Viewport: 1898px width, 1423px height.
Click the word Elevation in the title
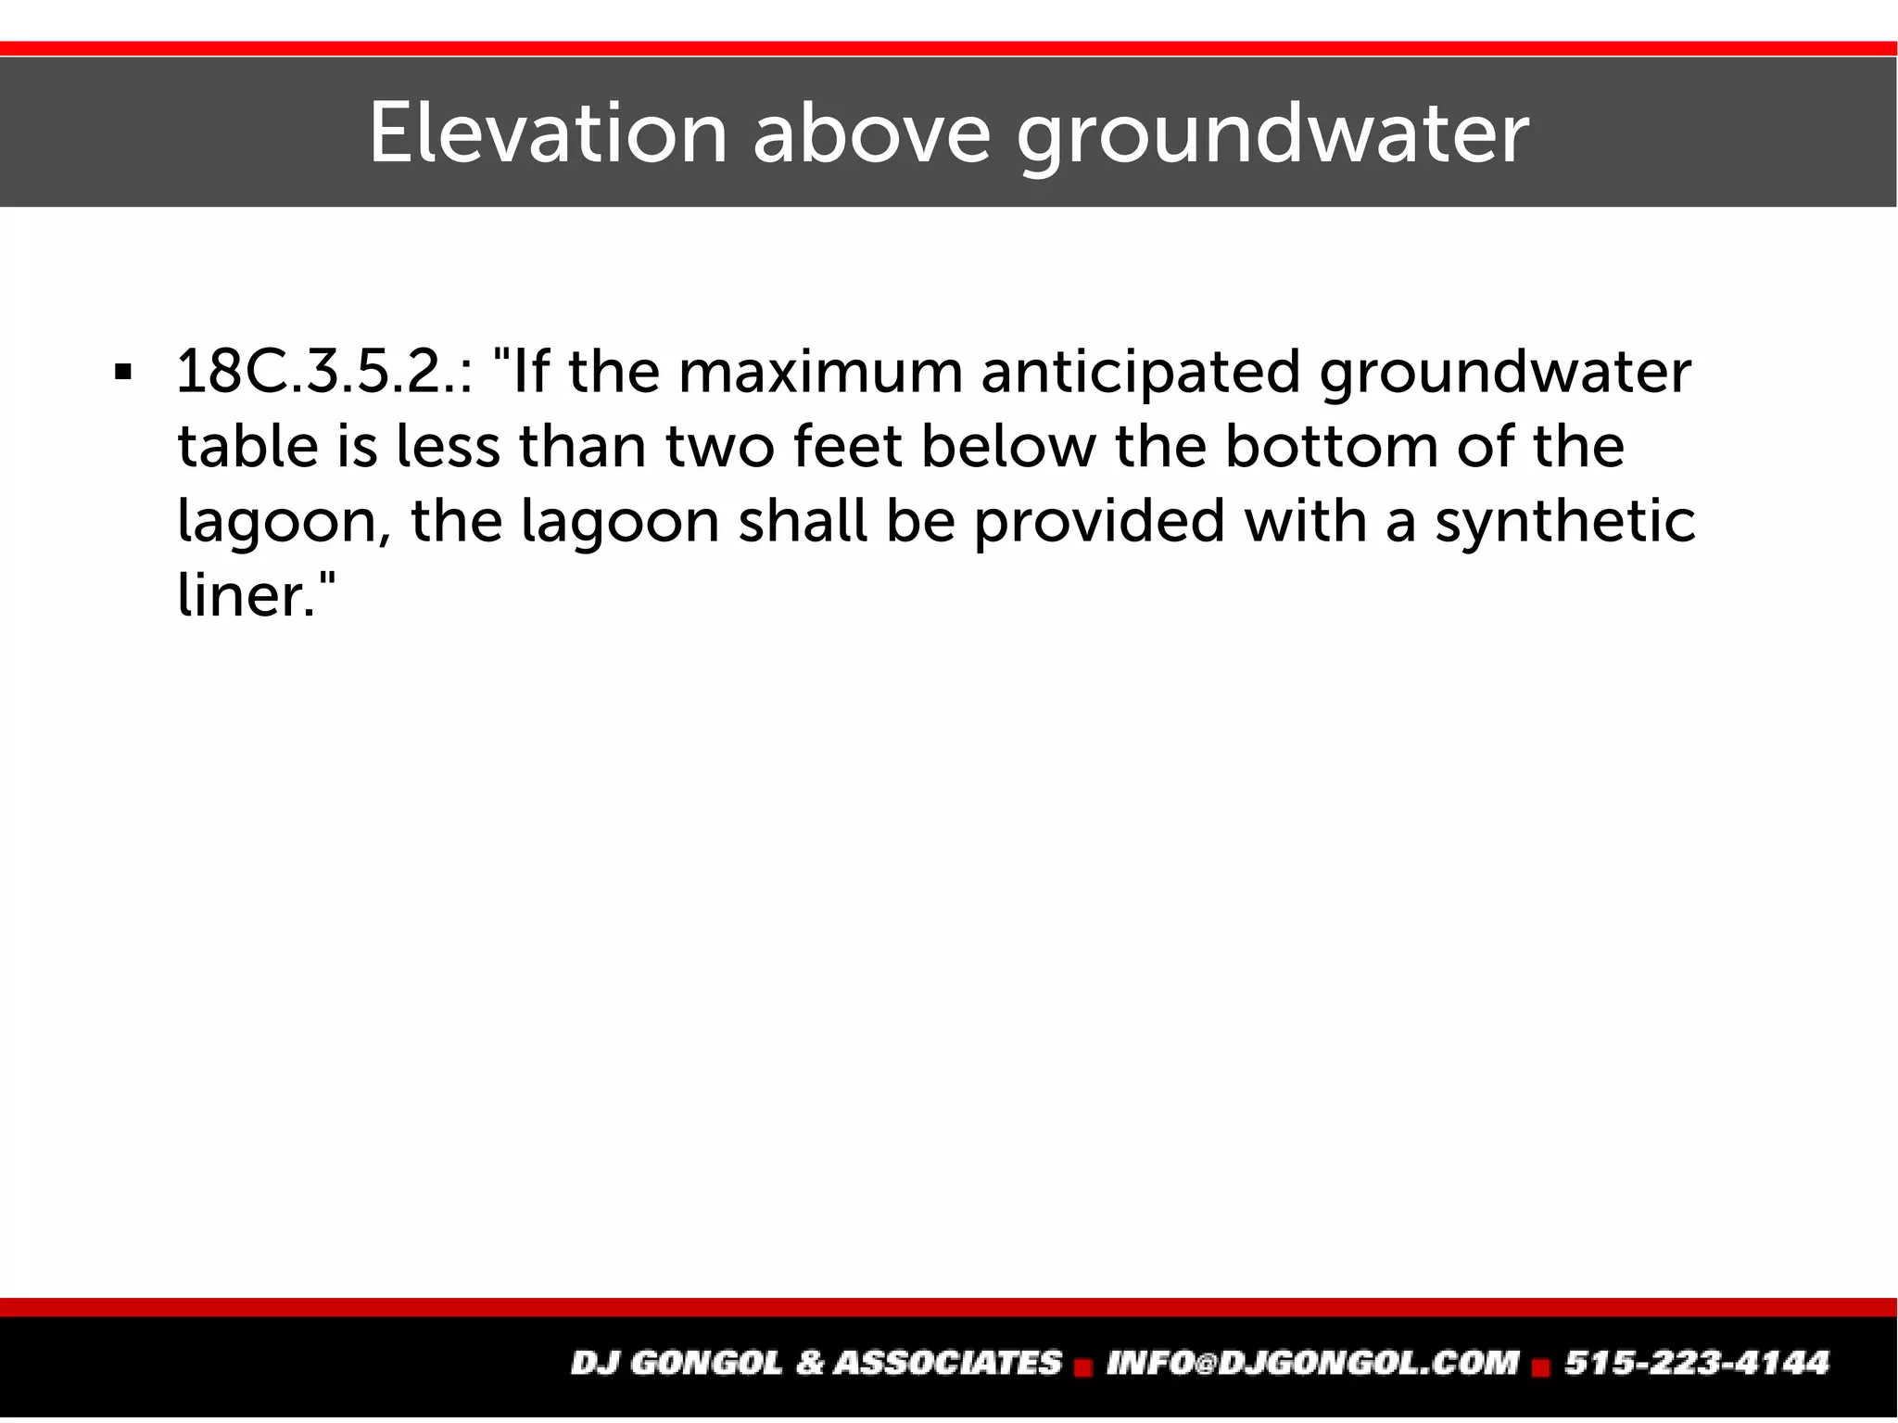click(x=548, y=133)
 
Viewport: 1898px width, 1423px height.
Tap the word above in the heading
click(x=871, y=133)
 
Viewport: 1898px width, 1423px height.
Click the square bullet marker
click(x=121, y=374)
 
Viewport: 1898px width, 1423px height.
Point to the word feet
click(x=848, y=446)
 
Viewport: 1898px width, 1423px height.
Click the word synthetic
click(x=1564, y=522)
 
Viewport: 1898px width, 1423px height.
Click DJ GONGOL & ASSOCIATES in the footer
click(x=816, y=1363)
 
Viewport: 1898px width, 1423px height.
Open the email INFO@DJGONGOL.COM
click(x=1312, y=1363)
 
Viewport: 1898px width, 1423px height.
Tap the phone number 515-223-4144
click(x=1697, y=1363)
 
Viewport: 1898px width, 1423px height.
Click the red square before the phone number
click(x=1541, y=1366)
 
